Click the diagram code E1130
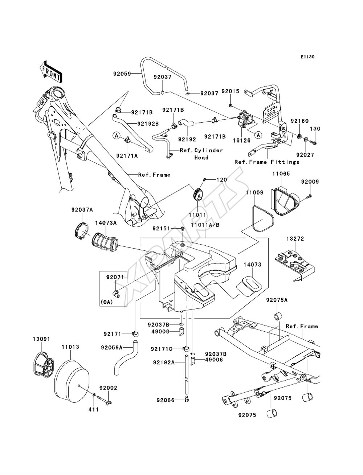(x=307, y=57)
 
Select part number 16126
(x=241, y=140)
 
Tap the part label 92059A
(x=112, y=348)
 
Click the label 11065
(x=281, y=173)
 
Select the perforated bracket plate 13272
(x=295, y=265)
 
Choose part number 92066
(x=166, y=406)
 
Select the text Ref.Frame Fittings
(x=267, y=162)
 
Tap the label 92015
(x=230, y=91)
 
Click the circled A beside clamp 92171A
(x=117, y=136)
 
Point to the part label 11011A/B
(x=205, y=225)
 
